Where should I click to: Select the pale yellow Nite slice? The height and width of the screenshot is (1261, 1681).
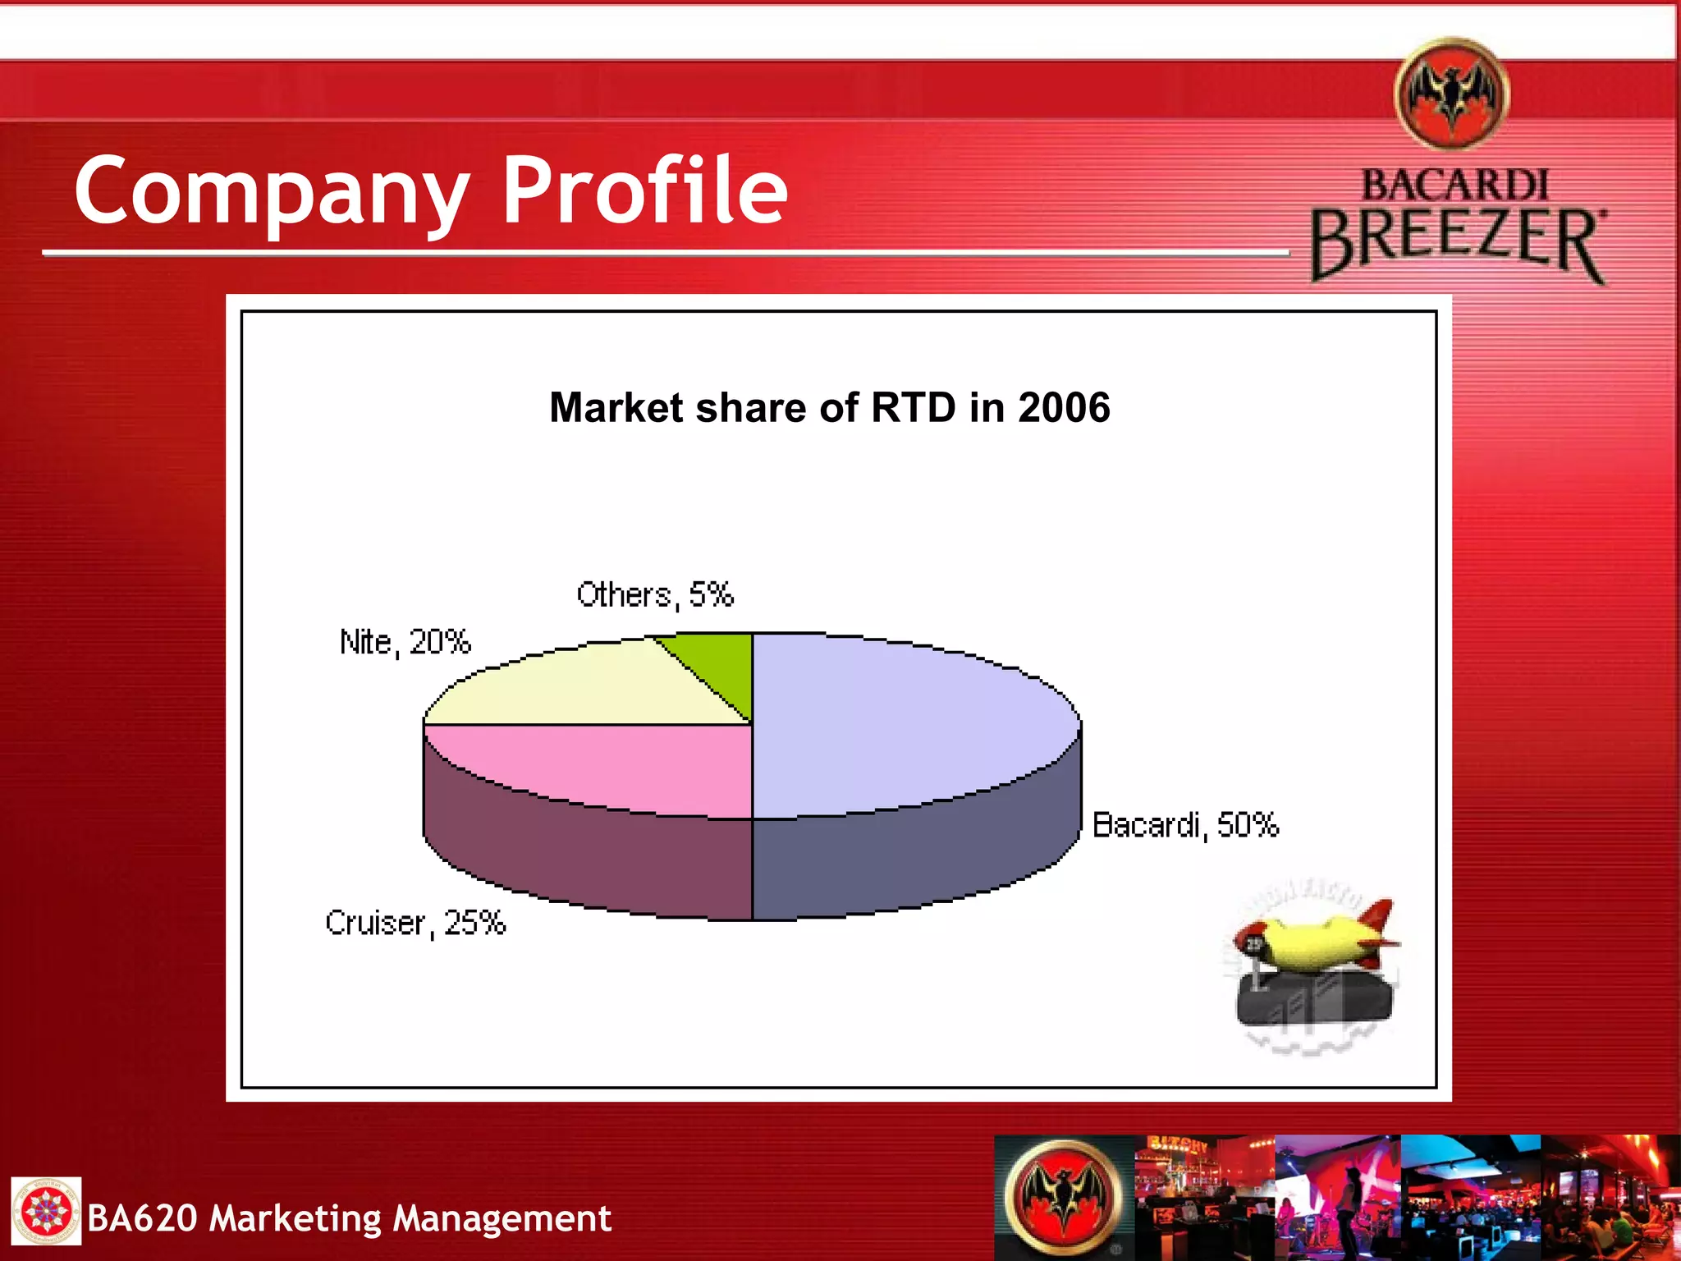pos(591,686)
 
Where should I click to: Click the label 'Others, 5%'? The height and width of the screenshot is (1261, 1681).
pos(654,594)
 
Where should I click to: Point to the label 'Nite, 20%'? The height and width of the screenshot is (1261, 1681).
pos(405,642)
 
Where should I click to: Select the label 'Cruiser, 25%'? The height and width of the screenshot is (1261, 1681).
pos(415,924)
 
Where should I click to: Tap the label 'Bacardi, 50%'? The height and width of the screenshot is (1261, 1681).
pos(1185,825)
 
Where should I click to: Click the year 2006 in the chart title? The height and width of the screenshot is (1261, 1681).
pos(1064,408)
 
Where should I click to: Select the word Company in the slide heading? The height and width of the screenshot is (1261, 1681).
pos(271,193)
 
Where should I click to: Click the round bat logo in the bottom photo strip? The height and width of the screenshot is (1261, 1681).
pos(1064,1199)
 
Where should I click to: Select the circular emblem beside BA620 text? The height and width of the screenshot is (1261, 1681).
pos(46,1211)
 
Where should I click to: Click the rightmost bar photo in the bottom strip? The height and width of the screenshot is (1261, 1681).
pos(1610,1198)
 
